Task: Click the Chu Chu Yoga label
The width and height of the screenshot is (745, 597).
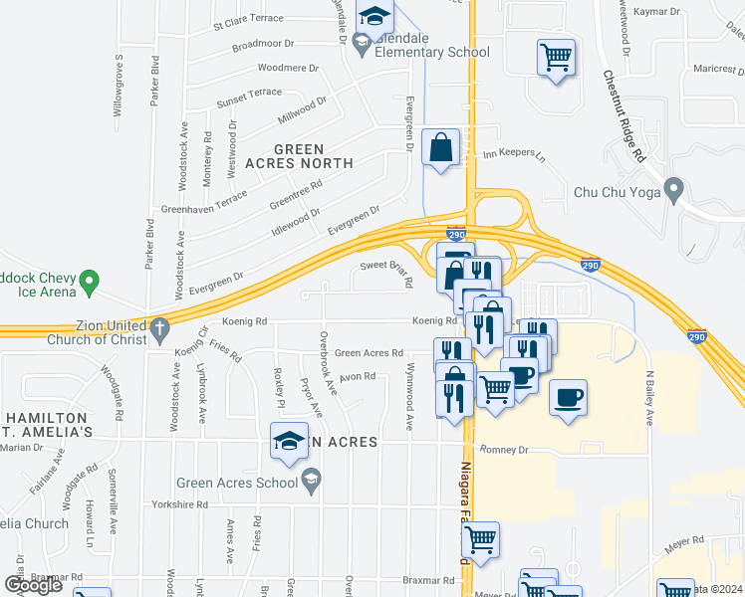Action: pos(617,191)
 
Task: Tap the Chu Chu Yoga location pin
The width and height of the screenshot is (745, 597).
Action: pos(674,188)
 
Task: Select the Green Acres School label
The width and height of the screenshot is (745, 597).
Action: pos(237,484)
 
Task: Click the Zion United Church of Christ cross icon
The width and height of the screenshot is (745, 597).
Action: pos(159,326)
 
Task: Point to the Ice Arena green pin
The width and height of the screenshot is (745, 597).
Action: pos(89,283)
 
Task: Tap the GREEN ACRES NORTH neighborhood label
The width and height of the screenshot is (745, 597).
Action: pos(299,155)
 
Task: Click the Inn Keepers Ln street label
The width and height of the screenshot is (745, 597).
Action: pos(514,155)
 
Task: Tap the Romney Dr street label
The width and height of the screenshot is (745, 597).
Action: pos(502,450)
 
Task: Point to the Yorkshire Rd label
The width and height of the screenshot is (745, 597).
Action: pos(180,504)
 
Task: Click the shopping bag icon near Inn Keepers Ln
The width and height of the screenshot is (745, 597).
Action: pos(440,148)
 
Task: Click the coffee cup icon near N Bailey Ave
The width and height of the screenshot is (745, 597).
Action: pos(568,398)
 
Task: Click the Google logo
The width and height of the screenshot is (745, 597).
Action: pos(33,584)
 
